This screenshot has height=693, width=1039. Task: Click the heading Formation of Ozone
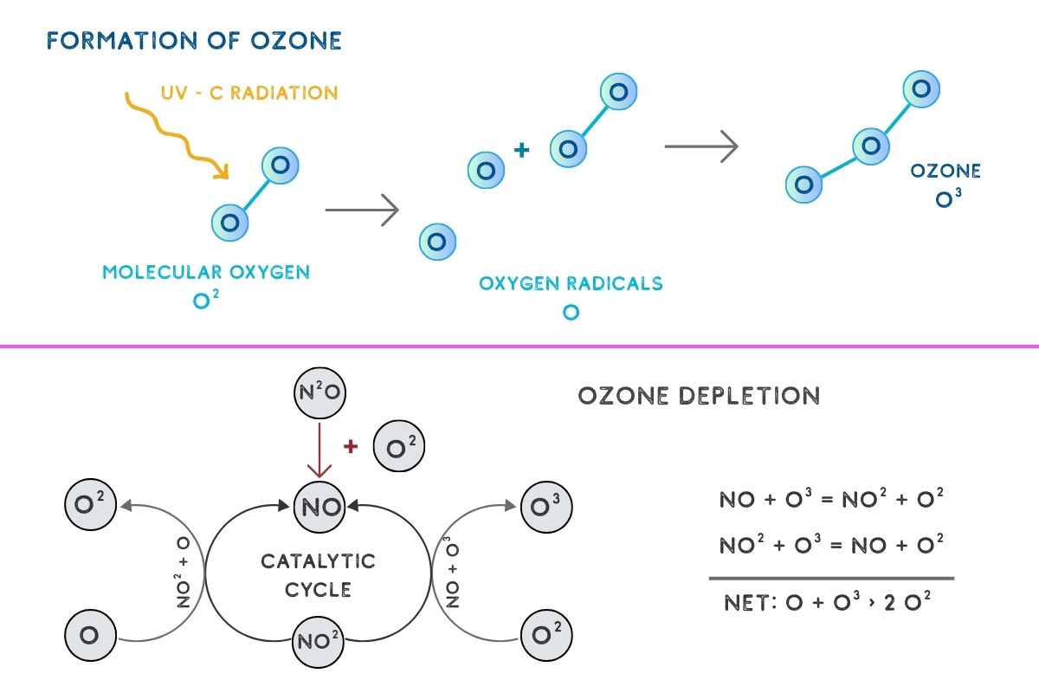pyautogui.click(x=194, y=41)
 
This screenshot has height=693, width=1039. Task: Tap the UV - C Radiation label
pyautogui.click(x=248, y=93)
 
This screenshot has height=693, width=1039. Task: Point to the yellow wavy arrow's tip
pyautogui.click(x=227, y=177)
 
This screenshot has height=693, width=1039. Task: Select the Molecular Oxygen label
pyautogui.click(x=206, y=272)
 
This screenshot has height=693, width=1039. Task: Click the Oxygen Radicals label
pyautogui.click(x=571, y=283)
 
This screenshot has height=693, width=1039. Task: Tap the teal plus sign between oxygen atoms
pyautogui.click(x=521, y=151)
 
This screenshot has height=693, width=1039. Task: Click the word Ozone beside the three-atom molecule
pyautogui.click(x=945, y=172)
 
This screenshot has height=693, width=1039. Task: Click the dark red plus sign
pyautogui.click(x=351, y=447)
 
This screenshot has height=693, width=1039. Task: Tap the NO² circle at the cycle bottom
pyautogui.click(x=320, y=642)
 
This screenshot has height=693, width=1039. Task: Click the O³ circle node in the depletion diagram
pyautogui.click(x=546, y=504)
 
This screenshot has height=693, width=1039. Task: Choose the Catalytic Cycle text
pyautogui.click(x=319, y=575)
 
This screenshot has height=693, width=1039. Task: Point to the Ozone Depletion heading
pyautogui.click(x=698, y=397)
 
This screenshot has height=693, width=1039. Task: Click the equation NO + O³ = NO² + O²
pyautogui.click(x=831, y=500)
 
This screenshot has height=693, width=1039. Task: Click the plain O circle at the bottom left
pyautogui.click(x=90, y=635)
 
